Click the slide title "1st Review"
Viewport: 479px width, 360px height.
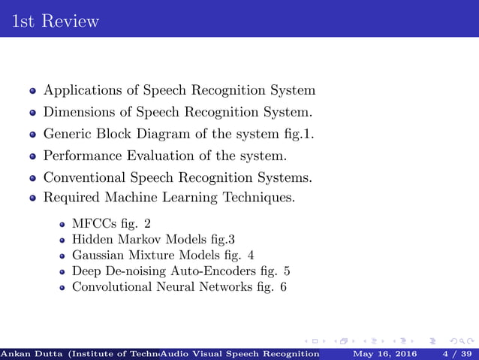pos(56,21)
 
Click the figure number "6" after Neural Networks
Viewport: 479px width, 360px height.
pos(282,287)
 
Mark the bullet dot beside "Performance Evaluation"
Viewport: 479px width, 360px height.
pos(33,157)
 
